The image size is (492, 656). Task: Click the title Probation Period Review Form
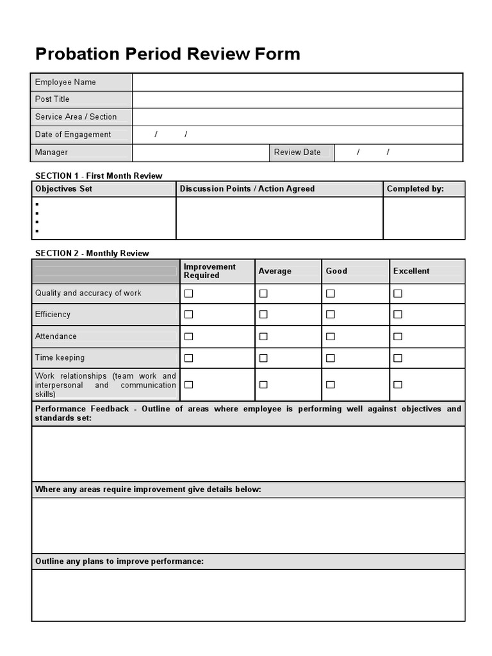click(x=167, y=54)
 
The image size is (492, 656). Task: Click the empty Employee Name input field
click(x=297, y=82)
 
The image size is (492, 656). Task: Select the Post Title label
click(x=53, y=99)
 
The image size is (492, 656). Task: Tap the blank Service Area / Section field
click(x=297, y=117)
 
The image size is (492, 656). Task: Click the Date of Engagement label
click(x=73, y=135)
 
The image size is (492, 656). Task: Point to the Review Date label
click(x=297, y=152)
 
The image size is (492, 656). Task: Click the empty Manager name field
click(x=200, y=152)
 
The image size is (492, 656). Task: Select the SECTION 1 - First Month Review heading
click(x=99, y=176)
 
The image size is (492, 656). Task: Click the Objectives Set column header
click(x=64, y=189)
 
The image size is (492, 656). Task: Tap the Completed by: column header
click(x=415, y=189)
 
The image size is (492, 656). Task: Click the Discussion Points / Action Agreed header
click(x=247, y=189)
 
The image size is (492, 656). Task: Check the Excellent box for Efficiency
click(x=398, y=315)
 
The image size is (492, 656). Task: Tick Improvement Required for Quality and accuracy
click(x=188, y=293)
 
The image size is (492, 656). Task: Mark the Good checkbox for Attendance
click(x=331, y=336)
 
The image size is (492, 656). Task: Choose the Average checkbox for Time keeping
click(x=263, y=358)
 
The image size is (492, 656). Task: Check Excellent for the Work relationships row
click(x=398, y=385)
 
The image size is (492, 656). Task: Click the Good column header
click(x=336, y=271)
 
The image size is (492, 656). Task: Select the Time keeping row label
click(x=60, y=358)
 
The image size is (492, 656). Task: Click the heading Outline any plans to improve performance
click(x=119, y=562)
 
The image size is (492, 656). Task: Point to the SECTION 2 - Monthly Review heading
click(x=92, y=253)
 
